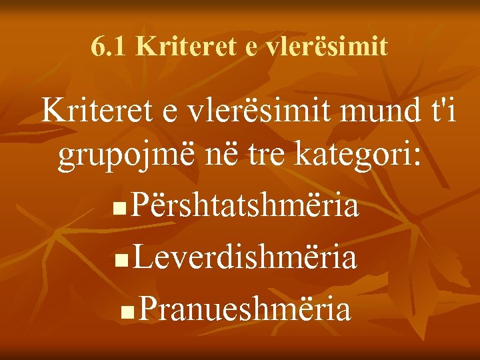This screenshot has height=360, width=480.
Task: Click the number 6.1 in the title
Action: click(x=109, y=46)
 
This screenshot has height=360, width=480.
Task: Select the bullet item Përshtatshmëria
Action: click(x=245, y=207)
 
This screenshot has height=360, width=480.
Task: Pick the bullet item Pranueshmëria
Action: click(x=246, y=309)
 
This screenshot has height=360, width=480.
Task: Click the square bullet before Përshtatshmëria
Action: click(x=118, y=212)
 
